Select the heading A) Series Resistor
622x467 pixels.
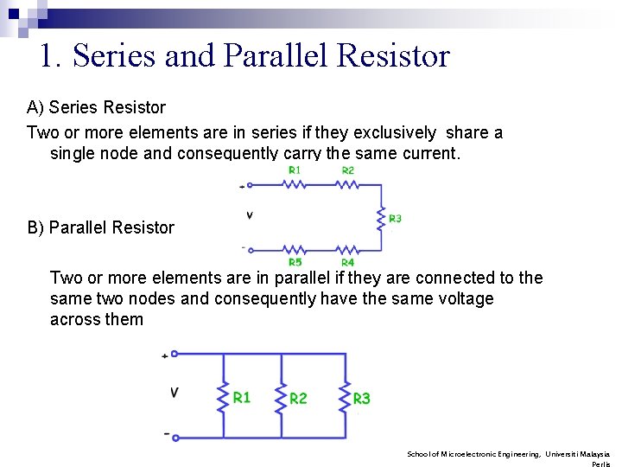coord(96,107)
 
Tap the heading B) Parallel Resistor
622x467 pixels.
coord(100,227)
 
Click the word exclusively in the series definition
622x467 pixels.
coord(395,132)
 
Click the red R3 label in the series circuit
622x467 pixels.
coord(395,219)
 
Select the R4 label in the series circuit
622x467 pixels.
coord(347,262)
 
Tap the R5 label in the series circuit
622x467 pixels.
coord(295,262)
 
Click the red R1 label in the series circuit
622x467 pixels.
coord(295,170)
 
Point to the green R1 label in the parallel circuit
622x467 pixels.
coord(242,397)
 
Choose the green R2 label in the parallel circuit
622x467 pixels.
coord(298,398)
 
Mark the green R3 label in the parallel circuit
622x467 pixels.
coord(362,398)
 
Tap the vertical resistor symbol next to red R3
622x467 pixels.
coord(379,219)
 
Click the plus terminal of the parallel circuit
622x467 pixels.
coord(174,354)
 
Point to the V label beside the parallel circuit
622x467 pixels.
coord(175,392)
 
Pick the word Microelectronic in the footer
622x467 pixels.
coord(471,453)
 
